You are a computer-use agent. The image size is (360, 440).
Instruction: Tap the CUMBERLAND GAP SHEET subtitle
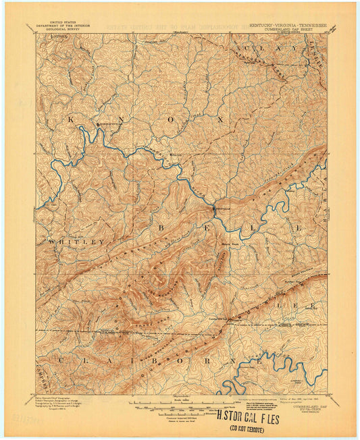[x=294, y=29]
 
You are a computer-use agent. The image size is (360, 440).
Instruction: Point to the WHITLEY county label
[x=76, y=241]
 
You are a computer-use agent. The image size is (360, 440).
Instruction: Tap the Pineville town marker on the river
[x=215, y=209]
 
